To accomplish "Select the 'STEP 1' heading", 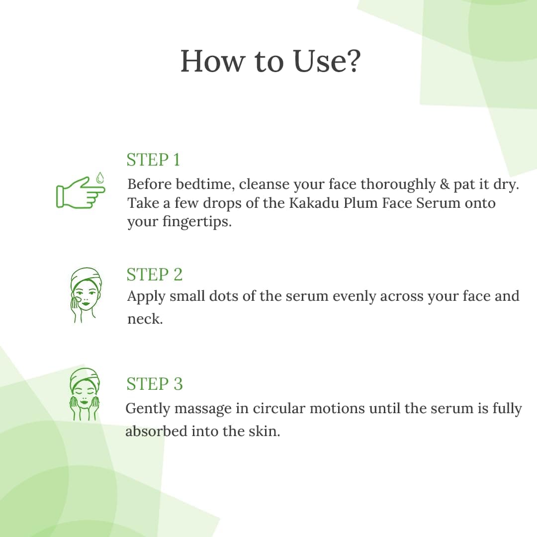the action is pyautogui.click(x=153, y=160).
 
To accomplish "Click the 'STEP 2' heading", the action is pyautogui.click(x=155, y=274).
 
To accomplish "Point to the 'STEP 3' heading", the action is pyautogui.click(x=155, y=383).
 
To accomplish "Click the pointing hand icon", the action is pyautogui.click(x=81, y=192).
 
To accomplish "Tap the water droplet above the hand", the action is pyautogui.click(x=99, y=178).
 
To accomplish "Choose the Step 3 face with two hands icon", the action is pyautogui.click(x=85, y=394).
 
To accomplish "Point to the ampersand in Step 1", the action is pyautogui.click(x=445, y=184).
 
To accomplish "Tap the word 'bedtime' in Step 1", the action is pyautogui.click(x=205, y=184).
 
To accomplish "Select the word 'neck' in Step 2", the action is pyautogui.click(x=145, y=319).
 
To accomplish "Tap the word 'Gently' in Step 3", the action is pyautogui.click(x=148, y=409).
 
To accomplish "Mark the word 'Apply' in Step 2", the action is pyautogui.click(x=146, y=296).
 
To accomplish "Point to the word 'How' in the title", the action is pyautogui.click(x=213, y=61).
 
